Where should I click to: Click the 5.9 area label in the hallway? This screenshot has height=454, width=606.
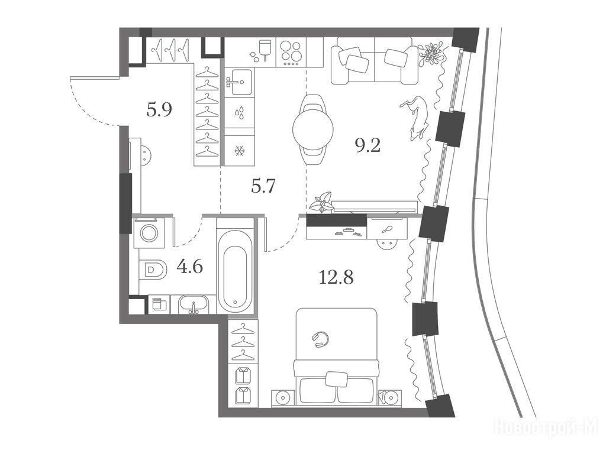pos(159,111)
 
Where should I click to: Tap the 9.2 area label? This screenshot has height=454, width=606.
pos(368,145)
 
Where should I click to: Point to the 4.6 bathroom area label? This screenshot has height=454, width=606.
pos(189,267)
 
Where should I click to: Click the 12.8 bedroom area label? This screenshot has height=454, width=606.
pos(336,277)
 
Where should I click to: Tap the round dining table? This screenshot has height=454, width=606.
pos(313,129)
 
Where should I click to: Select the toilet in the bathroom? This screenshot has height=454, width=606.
pos(153,269)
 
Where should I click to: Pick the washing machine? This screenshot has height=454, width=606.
pos(149,233)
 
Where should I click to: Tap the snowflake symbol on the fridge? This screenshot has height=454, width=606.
pos(240,151)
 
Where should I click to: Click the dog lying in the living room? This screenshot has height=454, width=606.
pos(415,117)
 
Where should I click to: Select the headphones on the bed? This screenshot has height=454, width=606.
pos(320,340)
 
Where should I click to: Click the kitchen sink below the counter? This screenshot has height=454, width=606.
pos(240,82)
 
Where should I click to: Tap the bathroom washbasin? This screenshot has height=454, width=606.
pos(194,305)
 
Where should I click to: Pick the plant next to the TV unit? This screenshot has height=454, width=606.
pos(321,202)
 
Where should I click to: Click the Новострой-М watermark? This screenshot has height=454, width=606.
pos(546,427)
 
